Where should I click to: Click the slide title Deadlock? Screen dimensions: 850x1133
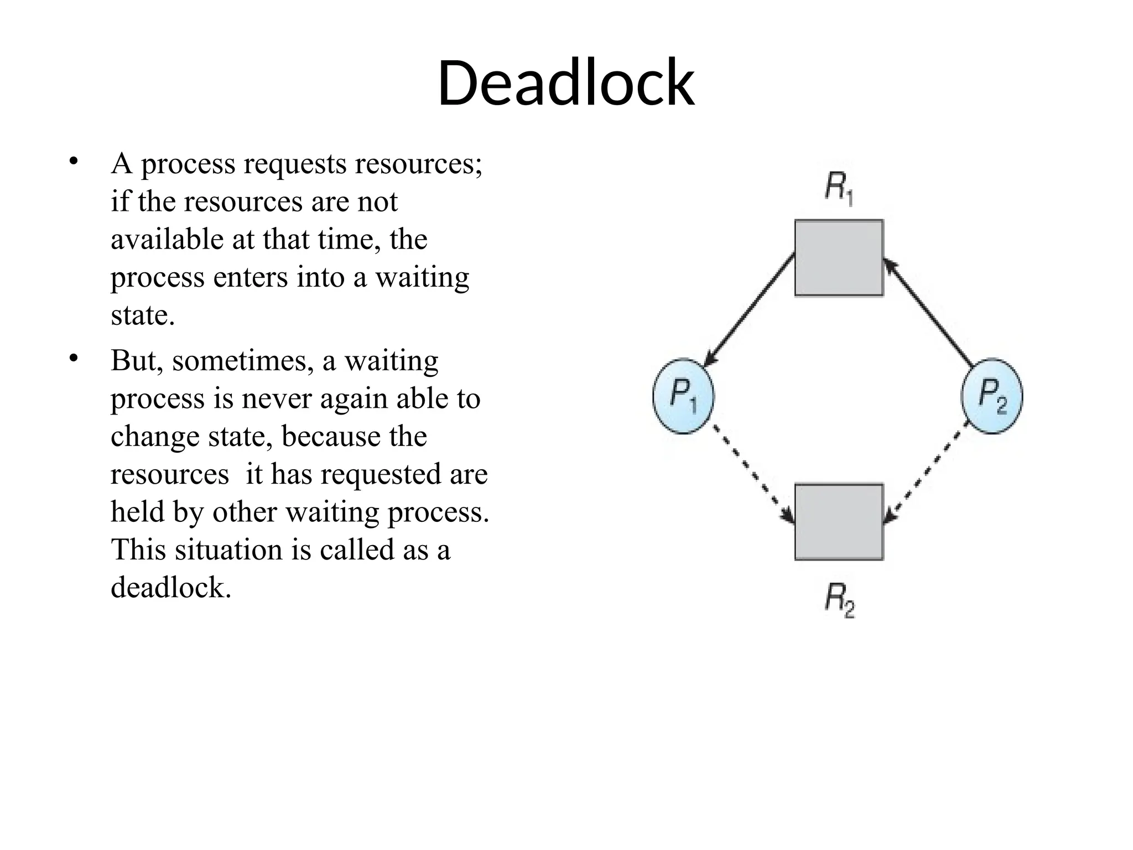pos(566,83)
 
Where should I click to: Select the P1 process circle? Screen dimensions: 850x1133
pos(684,396)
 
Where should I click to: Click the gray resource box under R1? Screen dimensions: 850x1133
pos(839,258)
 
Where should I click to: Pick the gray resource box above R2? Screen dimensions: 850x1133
pos(839,522)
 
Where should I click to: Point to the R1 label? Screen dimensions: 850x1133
pos(839,189)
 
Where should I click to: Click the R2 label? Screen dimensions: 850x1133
pos(840,600)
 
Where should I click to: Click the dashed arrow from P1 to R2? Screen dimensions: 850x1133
pos(752,473)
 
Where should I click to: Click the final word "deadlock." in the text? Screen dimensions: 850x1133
pos(170,587)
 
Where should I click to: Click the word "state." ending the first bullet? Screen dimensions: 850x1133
pos(142,315)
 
